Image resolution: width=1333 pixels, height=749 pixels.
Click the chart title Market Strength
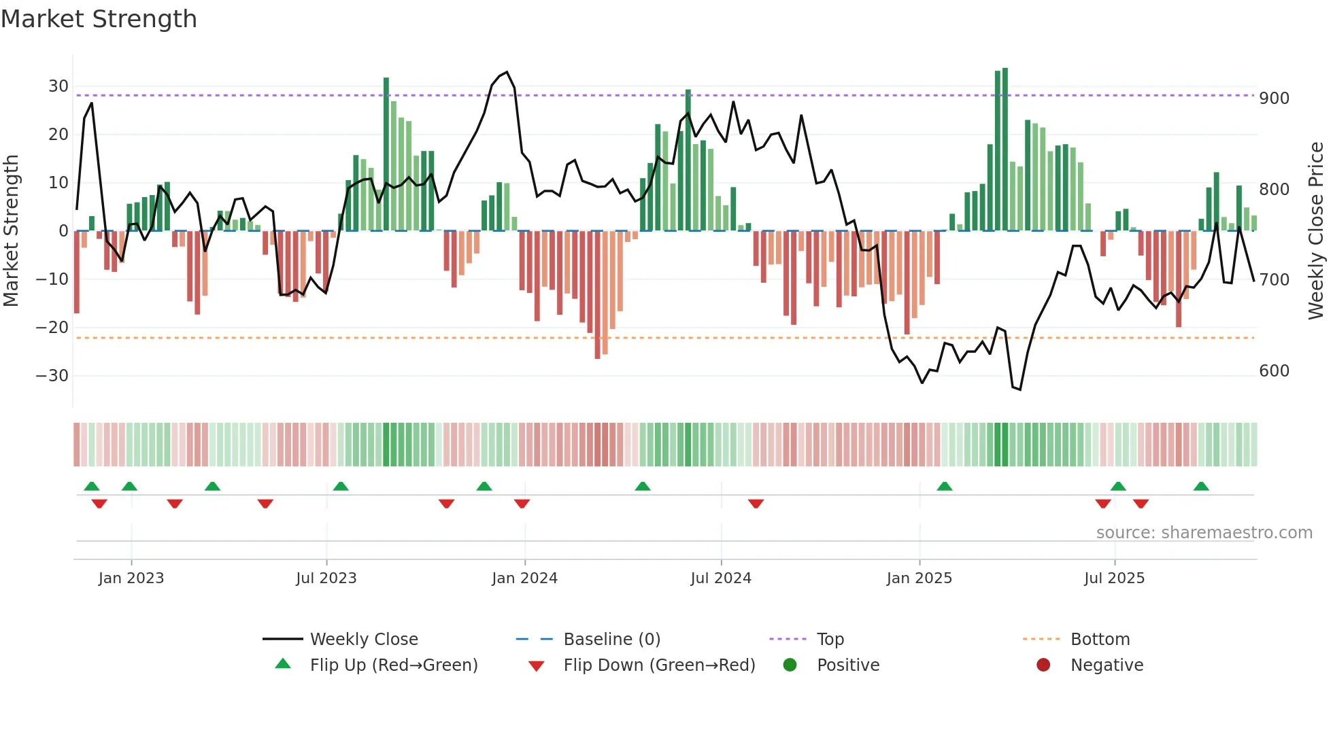click(x=99, y=19)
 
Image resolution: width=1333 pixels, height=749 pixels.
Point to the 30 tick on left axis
click(x=58, y=86)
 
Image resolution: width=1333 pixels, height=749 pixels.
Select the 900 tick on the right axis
click(x=1274, y=99)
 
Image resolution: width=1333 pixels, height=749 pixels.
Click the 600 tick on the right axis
click(x=1274, y=371)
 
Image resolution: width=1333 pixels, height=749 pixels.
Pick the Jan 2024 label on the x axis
click(x=524, y=578)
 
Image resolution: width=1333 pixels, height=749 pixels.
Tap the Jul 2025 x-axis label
click(x=1114, y=578)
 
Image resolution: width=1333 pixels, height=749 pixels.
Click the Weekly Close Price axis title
click(x=1316, y=231)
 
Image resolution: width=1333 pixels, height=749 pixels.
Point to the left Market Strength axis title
click(x=12, y=231)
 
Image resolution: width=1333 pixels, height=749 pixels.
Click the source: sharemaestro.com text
click(x=1204, y=533)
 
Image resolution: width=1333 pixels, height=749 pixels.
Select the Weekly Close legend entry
click(x=364, y=640)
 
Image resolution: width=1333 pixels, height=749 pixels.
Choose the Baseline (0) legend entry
click(x=611, y=640)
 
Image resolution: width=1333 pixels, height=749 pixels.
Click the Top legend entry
click(x=830, y=640)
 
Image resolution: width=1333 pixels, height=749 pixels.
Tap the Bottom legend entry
click(x=1100, y=640)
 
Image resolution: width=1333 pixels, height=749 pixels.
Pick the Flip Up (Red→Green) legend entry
click(x=393, y=665)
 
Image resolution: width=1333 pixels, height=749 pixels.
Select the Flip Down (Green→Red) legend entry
click(x=658, y=665)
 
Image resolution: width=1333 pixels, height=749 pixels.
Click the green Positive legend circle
click(x=790, y=665)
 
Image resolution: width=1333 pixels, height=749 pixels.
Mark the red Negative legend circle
click(x=1043, y=665)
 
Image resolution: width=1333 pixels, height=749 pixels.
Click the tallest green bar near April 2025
click(x=1005, y=150)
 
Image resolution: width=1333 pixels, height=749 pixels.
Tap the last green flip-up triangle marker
click(x=1201, y=487)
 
